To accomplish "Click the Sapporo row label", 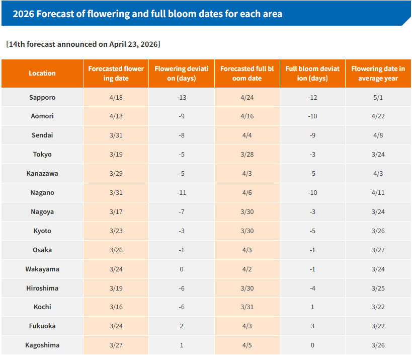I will pyautogui.click(x=42, y=97).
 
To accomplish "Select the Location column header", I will pyautogui.click(x=42, y=74).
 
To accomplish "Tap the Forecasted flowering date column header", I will pyautogui.click(x=116, y=74).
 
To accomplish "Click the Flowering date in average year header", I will pyautogui.click(x=378, y=74).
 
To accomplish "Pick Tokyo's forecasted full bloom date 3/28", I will pyautogui.click(x=247, y=155).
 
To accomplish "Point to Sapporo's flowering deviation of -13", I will pyautogui.click(x=182, y=97).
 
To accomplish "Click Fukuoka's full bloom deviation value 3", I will pyautogui.click(x=312, y=326).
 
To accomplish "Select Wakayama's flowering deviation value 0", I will pyautogui.click(x=182, y=269).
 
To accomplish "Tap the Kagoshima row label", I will pyautogui.click(x=42, y=345).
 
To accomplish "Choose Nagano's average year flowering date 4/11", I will pyautogui.click(x=378, y=193).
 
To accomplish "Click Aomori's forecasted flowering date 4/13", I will pyautogui.click(x=116, y=116).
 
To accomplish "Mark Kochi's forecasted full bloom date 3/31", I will pyautogui.click(x=247, y=307).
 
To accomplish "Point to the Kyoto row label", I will pyautogui.click(x=42, y=231).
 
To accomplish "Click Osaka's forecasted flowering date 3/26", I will pyautogui.click(x=116, y=250).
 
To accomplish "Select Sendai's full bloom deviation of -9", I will pyautogui.click(x=312, y=135).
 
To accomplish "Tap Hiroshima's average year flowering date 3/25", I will pyautogui.click(x=378, y=289).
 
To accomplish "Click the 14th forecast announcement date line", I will pyautogui.click(x=83, y=44).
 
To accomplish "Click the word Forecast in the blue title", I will pyautogui.click(x=55, y=14).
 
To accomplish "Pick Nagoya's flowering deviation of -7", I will pyautogui.click(x=182, y=212).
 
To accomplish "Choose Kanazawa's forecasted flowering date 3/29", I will pyautogui.click(x=116, y=174).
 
